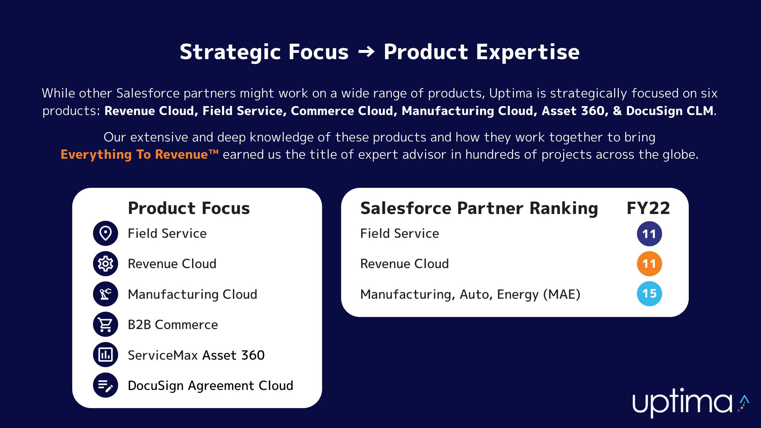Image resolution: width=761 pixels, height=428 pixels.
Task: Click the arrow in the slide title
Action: (x=366, y=52)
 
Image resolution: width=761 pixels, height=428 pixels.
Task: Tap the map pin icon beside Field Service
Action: (x=106, y=233)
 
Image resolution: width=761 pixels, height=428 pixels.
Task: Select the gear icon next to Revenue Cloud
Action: (x=106, y=264)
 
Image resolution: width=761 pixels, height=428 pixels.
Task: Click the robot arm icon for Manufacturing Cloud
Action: (x=106, y=294)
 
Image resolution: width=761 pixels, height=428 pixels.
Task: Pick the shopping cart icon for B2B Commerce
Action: (x=106, y=324)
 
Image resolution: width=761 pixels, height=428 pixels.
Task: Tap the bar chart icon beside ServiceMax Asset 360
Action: (x=106, y=355)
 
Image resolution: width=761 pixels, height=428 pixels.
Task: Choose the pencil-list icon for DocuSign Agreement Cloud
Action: (x=106, y=385)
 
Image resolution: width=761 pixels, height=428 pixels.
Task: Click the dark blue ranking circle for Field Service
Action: (x=649, y=234)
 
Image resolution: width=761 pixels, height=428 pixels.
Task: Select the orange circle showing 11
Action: (x=649, y=264)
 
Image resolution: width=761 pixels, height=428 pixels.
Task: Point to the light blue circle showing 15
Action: (x=649, y=294)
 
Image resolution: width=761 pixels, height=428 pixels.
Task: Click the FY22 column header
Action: (x=648, y=208)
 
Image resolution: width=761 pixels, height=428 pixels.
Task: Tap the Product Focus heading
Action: (x=189, y=208)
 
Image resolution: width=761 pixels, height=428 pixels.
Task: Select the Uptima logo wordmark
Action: (x=682, y=403)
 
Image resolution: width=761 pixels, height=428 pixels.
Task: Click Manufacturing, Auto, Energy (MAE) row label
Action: (x=470, y=295)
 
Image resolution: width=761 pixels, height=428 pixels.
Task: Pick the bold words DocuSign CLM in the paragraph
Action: (x=670, y=111)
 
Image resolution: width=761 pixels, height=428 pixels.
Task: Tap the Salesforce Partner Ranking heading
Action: (x=479, y=208)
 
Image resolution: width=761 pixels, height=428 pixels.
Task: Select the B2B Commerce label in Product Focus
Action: (x=173, y=325)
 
